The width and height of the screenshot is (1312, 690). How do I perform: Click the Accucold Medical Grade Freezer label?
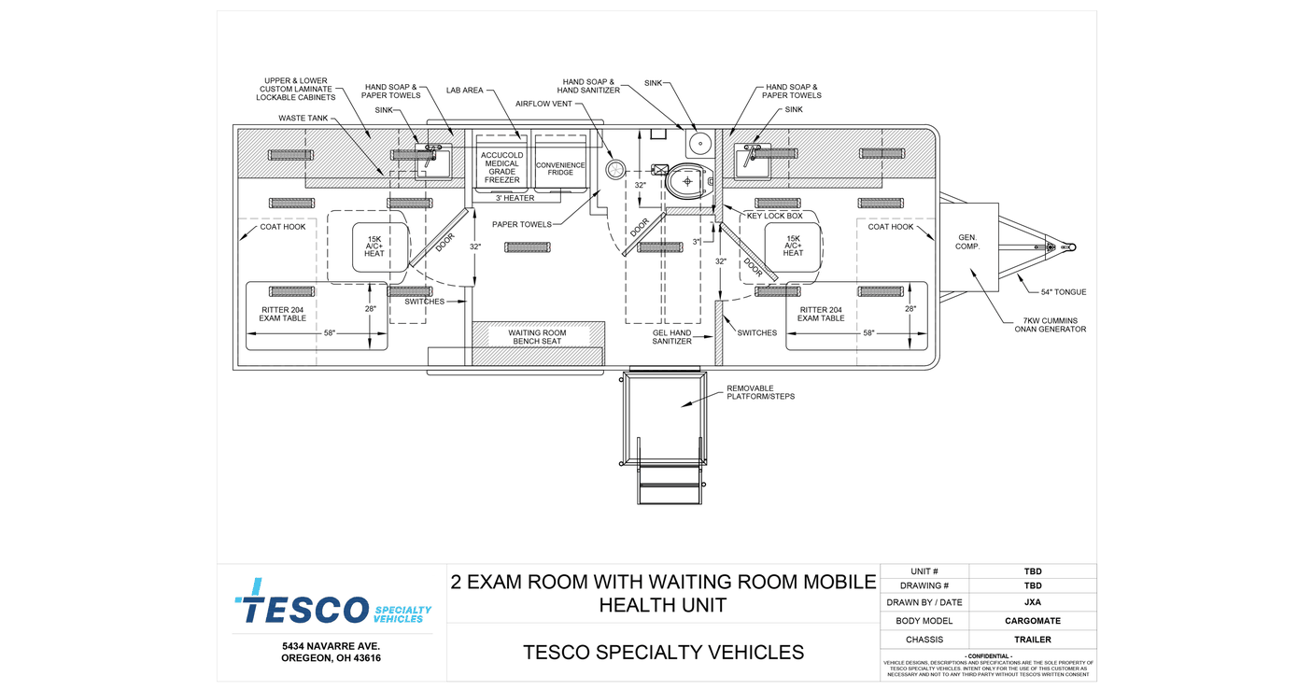[x=502, y=167]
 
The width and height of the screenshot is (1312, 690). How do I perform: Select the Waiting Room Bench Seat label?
[x=537, y=337]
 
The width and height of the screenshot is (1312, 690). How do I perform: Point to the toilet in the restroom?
[x=686, y=180]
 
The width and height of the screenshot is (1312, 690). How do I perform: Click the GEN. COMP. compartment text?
[x=967, y=242]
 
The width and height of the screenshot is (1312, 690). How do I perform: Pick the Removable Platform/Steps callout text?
[x=761, y=392]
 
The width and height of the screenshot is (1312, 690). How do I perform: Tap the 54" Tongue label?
[x=1064, y=292]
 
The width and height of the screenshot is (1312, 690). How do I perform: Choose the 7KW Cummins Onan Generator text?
[x=1051, y=325]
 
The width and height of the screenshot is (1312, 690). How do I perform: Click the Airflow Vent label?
[x=543, y=104]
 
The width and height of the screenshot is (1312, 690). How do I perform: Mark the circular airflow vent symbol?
[x=615, y=170]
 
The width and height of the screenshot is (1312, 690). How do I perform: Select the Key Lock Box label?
[x=774, y=216]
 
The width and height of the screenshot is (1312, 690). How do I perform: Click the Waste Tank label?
[x=303, y=118]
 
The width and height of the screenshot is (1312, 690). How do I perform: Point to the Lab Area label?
[x=464, y=91]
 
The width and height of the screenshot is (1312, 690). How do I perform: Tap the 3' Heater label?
[x=515, y=198]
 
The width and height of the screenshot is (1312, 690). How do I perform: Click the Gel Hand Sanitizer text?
[x=671, y=337]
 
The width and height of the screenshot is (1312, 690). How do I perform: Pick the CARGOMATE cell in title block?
[x=1033, y=621]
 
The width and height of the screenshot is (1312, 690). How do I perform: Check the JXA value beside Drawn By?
[x=1033, y=602]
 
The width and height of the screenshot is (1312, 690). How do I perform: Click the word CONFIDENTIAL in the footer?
[x=988, y=656]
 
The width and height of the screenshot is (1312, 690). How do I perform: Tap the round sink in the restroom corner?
[x=700, y=143]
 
